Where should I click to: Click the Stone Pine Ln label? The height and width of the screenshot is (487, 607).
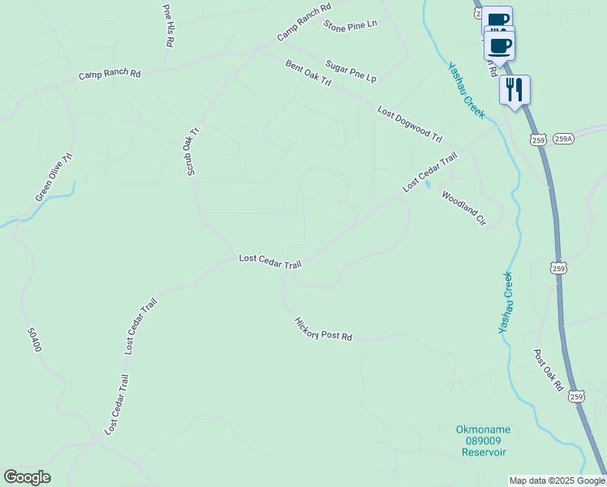pyautogui.click(x=351, y=24)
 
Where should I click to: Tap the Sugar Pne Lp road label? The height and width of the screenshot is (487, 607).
pyautogui.click(x=351, y=71)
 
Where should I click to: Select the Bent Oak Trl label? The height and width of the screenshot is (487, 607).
pyautogui.click(x=308, y=73)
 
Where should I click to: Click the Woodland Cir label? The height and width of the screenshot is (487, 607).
pyautogui.click(x=463, y=209)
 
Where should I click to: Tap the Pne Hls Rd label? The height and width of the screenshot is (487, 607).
pyautogui.click(x=168, y=25)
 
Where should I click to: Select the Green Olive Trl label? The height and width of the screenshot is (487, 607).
pyautogui.click(x=54, y=177)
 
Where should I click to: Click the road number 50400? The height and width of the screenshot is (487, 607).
pyautogui.click(x=33, y=339)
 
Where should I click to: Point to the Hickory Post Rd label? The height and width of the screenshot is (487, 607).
pyautogui.click(x=324, y=329)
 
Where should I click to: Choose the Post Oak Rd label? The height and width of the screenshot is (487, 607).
pyautogui.click(x=548, y=370)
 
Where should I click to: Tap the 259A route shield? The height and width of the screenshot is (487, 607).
pyautogui.click(x=563, y=139)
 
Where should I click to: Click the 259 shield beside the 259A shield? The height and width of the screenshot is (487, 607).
pyautogui.click(x=538, y=140)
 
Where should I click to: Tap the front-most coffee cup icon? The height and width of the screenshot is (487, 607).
pyautogui.click(x=500, y=45)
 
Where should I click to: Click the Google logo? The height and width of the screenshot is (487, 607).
pyautogui.click(x=27, y=477)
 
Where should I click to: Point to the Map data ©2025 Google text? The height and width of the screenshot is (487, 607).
pyautogui.click(x=557, y=481)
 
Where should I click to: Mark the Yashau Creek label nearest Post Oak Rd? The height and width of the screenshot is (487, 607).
pyautogui.click(x=506, y=302)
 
